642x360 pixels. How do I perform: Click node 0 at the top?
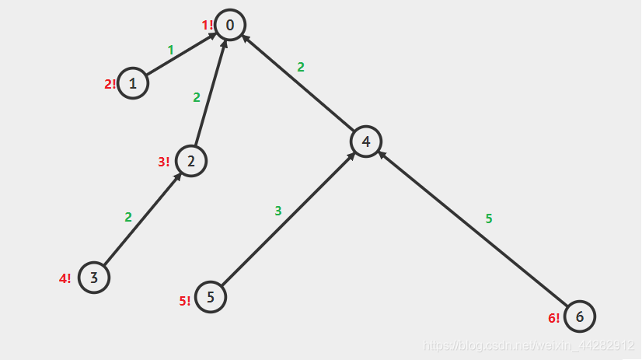point(230,25)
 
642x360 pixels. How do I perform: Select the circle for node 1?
point(133,83)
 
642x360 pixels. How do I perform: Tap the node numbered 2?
point(191,161)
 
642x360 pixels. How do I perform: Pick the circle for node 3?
point(93,278)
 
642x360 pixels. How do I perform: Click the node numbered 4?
point(365,142)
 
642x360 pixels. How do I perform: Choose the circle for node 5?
point(211,297)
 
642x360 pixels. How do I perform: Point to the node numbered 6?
point(580,316)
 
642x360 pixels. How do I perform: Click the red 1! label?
point(208,25)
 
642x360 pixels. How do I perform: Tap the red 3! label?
point(164,162)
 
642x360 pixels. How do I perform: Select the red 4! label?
point(65,278)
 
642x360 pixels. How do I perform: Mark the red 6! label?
point(553,317)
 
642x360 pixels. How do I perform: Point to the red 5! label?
point(185,301)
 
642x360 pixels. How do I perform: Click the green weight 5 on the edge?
point(489,218)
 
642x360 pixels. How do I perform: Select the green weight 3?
point(277,211)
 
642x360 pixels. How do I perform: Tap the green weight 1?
point(171,50)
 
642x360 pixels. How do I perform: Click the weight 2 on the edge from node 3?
point(128,217)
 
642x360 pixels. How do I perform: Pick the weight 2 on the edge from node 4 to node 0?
point(301,67)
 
